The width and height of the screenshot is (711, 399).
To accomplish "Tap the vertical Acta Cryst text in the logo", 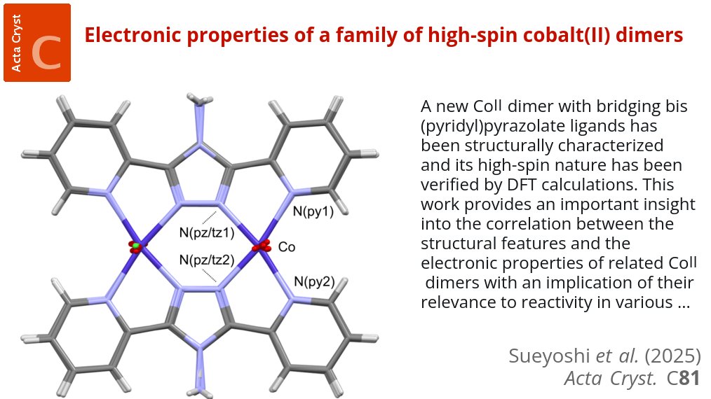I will tap(16, 42).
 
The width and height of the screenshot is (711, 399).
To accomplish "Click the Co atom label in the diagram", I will tap(287, 247).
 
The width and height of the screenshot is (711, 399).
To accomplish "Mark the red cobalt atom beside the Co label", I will tap(262, 246).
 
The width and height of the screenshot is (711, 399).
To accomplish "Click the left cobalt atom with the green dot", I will tap(135, 246).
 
